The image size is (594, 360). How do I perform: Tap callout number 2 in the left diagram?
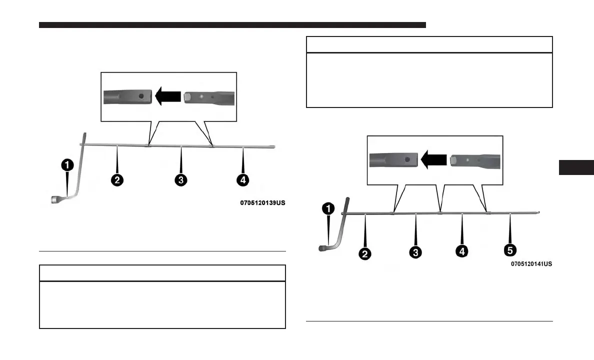117,180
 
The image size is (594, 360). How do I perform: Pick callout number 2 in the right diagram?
365,254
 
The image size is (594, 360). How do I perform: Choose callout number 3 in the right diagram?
415,252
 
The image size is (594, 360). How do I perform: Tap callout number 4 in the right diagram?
462,250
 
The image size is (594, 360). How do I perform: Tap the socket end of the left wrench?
56,200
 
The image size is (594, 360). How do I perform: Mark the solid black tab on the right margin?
576,167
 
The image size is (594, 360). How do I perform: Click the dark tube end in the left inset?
127,95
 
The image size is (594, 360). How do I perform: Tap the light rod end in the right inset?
474,160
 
